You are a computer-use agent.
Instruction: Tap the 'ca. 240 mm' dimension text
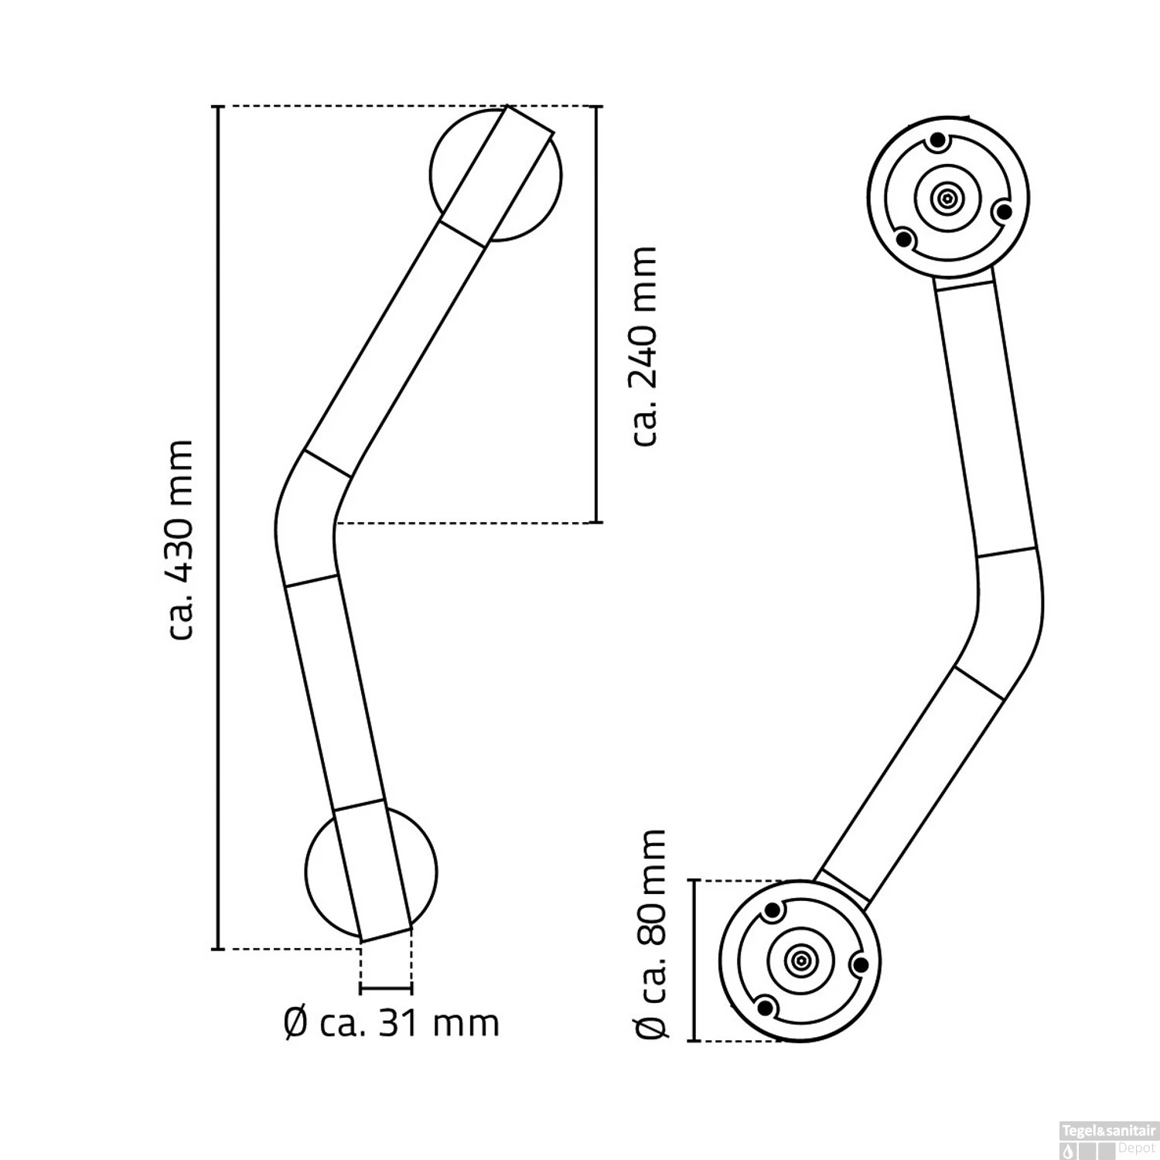tap(643, 346)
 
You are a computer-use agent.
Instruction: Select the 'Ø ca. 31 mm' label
tap(391, 1024)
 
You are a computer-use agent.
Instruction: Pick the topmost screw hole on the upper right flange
tap(938, 142)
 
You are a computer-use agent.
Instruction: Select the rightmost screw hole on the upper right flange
tap(1002, 210)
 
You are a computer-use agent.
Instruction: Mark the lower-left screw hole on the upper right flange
tap(906, 240)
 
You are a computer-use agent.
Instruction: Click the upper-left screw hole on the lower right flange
tap(772, 911)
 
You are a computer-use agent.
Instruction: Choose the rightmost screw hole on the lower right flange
tap(858, 964)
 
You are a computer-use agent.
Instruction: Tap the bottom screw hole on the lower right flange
tap(766, 1006)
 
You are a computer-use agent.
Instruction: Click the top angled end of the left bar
tap(530, 119)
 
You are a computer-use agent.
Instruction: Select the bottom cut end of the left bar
tap(386, 934)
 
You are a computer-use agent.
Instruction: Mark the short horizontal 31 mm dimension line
tap(386, 988)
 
